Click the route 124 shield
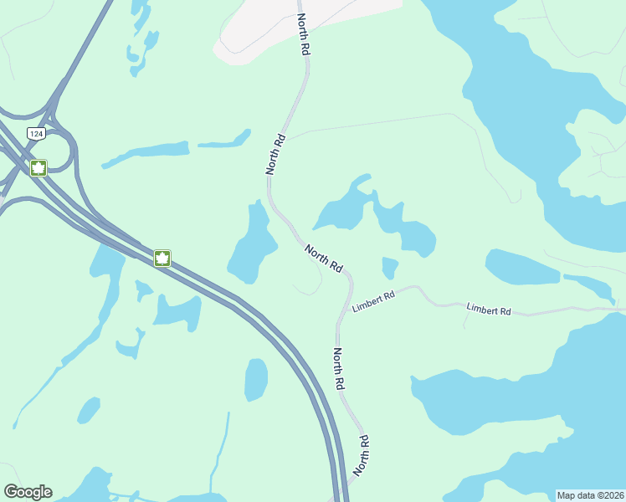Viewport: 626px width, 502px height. pos(35,134)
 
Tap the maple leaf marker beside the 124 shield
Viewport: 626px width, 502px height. pos(38,168)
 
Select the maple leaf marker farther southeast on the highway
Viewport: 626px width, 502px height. pos(162,258)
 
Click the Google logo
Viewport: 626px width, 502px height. pos(28,492)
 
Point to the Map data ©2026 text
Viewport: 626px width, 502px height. pos(590,494)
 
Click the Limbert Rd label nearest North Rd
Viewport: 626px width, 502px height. pos(373,301)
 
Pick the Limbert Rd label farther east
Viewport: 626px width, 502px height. pos(489,310)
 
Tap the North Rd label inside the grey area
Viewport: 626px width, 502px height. pos(303,35)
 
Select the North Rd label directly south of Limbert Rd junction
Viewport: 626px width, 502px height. pos(339,369)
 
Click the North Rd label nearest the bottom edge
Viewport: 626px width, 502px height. pos(362,455)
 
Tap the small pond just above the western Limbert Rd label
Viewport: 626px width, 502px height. pos(389,268)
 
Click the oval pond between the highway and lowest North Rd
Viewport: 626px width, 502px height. pos(256,379)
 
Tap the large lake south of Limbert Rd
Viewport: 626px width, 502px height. pos(502,402)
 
